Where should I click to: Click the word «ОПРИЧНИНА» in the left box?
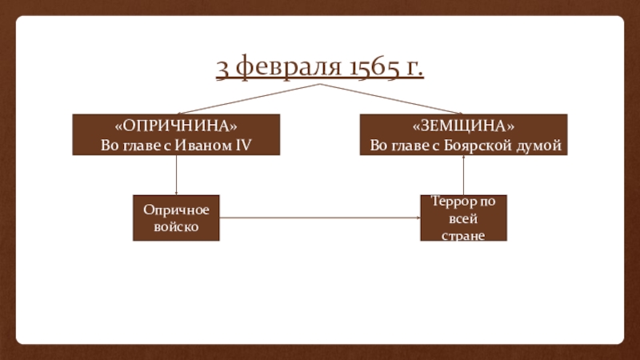pos(176,127)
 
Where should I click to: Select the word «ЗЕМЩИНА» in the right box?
pos(463,127)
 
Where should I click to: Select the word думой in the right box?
pos(540,145)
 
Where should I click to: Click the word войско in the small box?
pos(176,226)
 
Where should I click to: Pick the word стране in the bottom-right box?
pos(463,235)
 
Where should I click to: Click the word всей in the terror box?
pos(463,218)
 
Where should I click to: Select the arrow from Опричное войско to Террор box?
pos(320,218)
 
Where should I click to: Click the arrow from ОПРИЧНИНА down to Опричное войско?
pos(176,174)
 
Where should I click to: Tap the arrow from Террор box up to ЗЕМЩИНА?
pos(463,174)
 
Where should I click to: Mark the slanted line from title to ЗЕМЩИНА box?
pos(392,98)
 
